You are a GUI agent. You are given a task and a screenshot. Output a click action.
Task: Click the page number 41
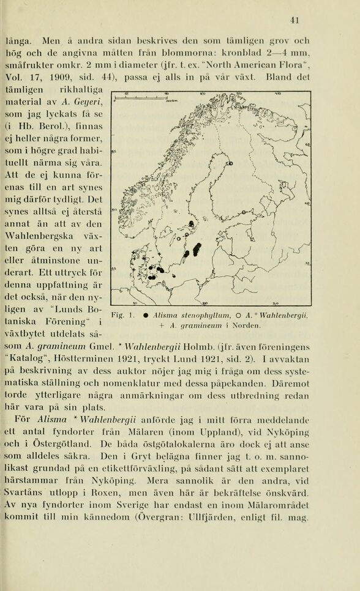click(294, 20)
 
